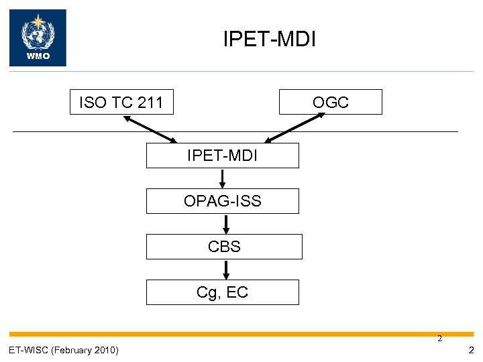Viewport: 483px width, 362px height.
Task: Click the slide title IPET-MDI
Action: point(269,39)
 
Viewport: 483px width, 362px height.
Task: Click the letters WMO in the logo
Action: point(38,56)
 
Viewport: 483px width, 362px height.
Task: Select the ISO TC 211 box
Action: point(121,103)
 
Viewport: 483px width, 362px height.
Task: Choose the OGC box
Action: point(331,103)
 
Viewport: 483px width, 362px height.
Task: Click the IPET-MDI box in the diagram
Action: point(223,156)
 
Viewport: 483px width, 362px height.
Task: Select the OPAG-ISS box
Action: point(223,201)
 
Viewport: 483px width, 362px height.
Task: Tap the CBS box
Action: point(224,247)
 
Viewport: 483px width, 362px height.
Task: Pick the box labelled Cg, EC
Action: point(223,292)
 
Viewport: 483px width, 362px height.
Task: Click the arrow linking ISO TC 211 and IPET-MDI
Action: point(150,128)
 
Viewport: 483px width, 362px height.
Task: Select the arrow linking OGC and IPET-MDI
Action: point(295,127)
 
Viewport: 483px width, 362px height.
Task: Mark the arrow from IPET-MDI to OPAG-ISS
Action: point(223,178)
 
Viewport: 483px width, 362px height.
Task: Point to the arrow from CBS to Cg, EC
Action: point(226,269)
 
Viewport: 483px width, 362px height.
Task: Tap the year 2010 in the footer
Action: point(107,350)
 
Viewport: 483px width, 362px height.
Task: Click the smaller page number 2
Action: point(440,339)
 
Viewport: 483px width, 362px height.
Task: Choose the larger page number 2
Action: point(472,350)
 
